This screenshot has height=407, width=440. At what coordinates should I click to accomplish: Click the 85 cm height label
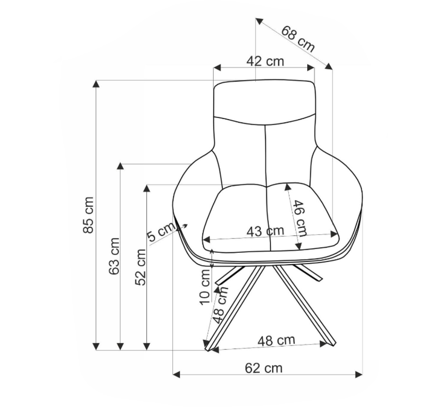pyautogui.click(x=88, y=215)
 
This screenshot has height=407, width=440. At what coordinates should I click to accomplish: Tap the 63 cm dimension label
pyautogui.click(x=114, y=256)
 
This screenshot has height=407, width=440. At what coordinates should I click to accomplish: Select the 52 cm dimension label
pyautogui.click(x=140, y=267)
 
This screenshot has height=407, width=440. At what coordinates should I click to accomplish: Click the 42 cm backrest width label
pyautogui.click(x=265, y=61)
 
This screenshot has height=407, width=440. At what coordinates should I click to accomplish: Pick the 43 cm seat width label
pyautogui.click(x=265, y=231)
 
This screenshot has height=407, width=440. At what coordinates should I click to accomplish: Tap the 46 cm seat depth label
pyautogui.click(x=300, y=218)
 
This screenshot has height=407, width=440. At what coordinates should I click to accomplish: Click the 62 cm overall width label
pyautogui.click(x=264, y=369)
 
